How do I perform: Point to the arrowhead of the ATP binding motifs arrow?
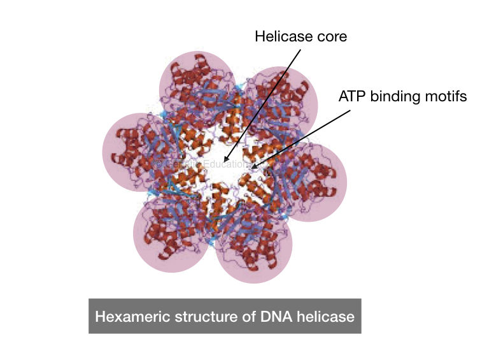(x=253, y=169)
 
